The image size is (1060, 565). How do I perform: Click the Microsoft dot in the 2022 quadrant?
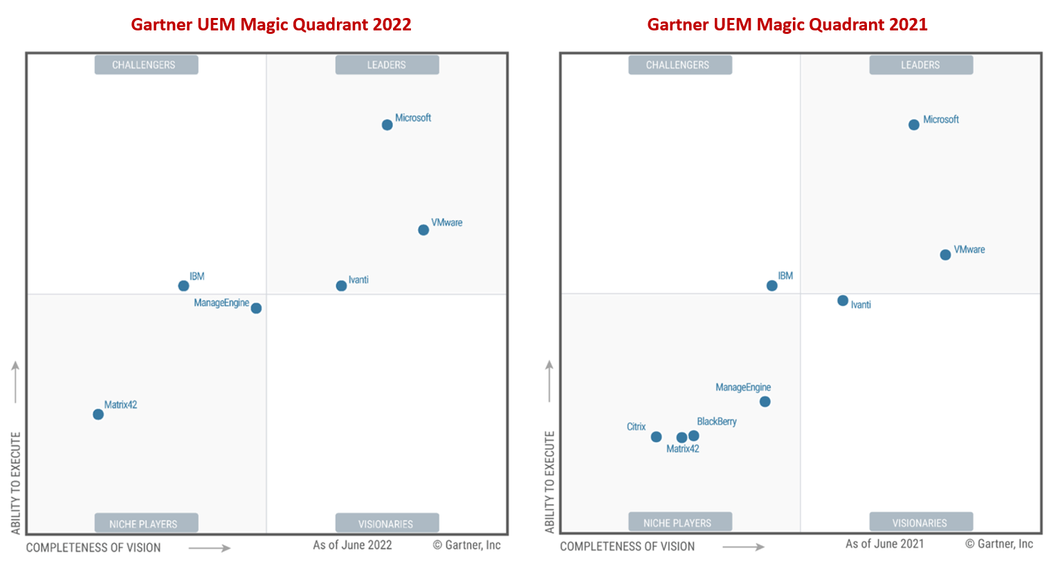coord(387,125)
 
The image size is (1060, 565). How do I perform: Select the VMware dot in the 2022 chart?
coord(423,230)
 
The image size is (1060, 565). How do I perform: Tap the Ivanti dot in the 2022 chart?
coord(341,286)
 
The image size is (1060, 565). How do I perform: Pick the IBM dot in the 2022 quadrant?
coord(183,286)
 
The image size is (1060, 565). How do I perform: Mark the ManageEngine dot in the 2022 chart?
coord(256,308)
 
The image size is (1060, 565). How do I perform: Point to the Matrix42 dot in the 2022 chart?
coord(98,414)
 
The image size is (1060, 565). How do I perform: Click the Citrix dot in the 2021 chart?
coord(656,437)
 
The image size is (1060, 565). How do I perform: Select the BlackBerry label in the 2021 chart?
coord(716,422)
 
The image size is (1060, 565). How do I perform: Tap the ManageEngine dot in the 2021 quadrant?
coord(765,402)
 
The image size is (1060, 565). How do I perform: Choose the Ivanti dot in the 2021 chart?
coord(843,301)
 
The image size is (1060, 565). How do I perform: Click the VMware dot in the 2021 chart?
coord(945,255)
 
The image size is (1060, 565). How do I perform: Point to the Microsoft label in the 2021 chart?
coord(940,120)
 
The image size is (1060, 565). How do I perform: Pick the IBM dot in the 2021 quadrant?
coord(771,286)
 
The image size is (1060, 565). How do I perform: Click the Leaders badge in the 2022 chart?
coord(387,65)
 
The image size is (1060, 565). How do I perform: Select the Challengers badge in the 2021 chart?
coord(678,65)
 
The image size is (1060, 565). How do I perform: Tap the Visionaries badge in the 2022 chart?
coord(386,524)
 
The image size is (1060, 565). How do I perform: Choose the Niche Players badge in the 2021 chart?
coord(678,523)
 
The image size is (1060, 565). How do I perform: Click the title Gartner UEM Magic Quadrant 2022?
coord(271,25)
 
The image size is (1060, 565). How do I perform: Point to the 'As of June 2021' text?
coord(884,544)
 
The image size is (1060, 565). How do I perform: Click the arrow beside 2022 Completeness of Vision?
coord(209,548)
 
